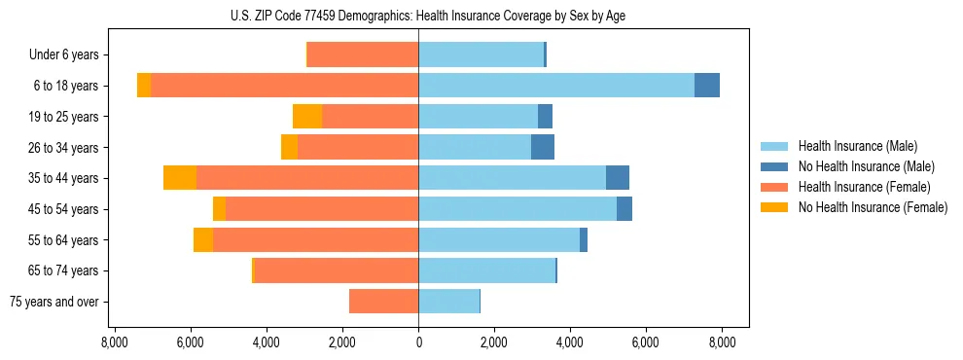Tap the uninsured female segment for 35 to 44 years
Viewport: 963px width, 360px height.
pyautogui.click(x=180, y=178)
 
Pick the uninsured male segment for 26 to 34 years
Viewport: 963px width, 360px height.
pyautogui.click(x=543, y=148)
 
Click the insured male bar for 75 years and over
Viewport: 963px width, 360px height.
pyautogui.click(x=448, y=302)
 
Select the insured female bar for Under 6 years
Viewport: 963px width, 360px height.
pyautogui.click(x=363, y=54)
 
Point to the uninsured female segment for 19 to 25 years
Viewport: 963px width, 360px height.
pyautogui.click(x=307, y=117)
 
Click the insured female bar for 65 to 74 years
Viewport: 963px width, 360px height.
pyautogui.click(x=337, y=270)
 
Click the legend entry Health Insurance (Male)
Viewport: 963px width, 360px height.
pyautogui.click(x=857, y=146)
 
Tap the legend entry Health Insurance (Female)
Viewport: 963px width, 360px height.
pyautogui.click(x=863, y=187)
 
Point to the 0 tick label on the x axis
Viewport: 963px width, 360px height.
pyautogui.click(x=418, y=342)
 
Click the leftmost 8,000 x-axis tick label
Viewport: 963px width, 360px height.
pyautogui.click(x=115, y=342)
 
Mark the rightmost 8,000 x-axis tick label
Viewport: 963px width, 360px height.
pyautogui.click(x=722, y=342)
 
